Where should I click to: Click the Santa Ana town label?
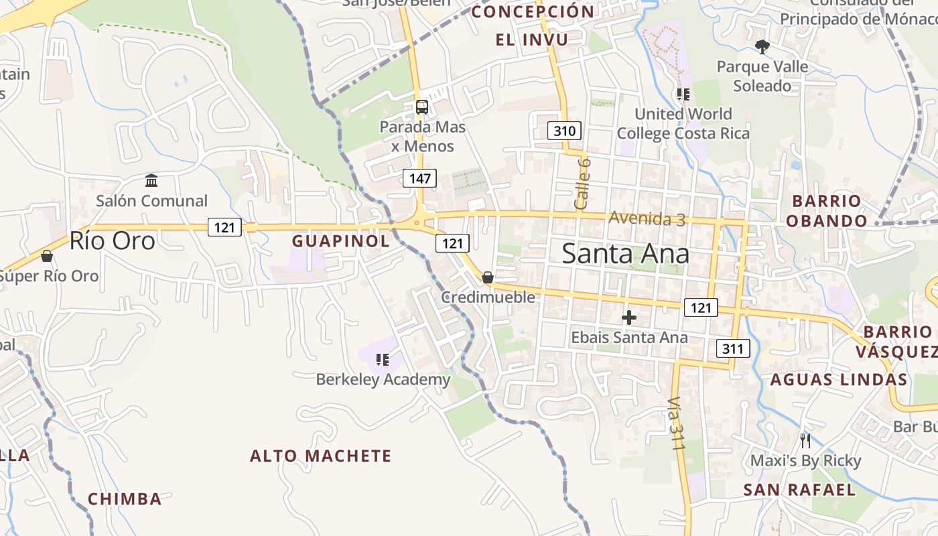(x=625, y=254)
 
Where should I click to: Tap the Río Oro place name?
(x=112, y=241)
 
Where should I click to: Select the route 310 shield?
(x=564, y=131)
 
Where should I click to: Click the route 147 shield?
(x=419, y=178)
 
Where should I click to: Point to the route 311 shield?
(x=732, y=348)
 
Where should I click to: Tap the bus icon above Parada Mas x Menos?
(x=422, y=107)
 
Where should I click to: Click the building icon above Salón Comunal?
(x=151, y=181)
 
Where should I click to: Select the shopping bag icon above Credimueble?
(x=488, y=277)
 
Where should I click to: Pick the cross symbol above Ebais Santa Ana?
(x=629, y=318)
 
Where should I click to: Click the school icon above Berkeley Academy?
(x=383, y=360)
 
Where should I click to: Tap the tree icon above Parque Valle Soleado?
(x=762, y=46)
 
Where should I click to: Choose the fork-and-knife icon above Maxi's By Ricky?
(x=805, y=441)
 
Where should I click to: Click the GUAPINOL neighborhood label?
(x=341, y=241)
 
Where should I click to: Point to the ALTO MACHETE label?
(x=320, y=456)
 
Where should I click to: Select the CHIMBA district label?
(x=125, y=499)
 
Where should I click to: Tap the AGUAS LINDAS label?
(x=838, y=380)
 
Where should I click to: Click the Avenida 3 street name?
(x=647, y=218)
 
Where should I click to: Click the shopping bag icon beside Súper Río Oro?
(x=47, y=256)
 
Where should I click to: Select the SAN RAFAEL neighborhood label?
(x=799, y=490)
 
